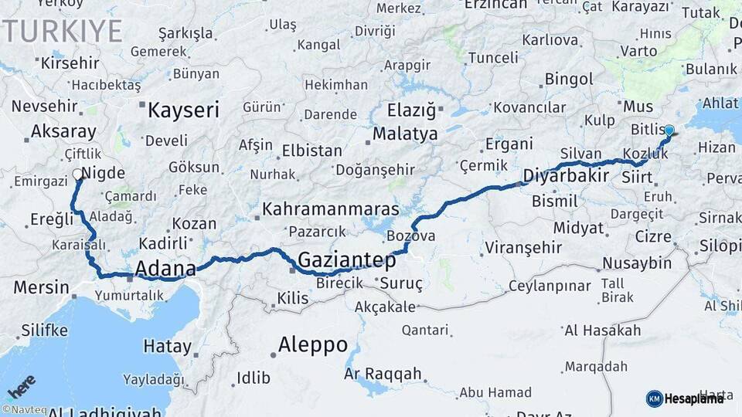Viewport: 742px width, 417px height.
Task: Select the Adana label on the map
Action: click(165, 269)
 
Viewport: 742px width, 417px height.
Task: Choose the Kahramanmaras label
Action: click(331, 209)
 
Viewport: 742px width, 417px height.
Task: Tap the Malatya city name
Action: click(405, 134)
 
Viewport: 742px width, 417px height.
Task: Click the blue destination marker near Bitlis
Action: click(669, 131)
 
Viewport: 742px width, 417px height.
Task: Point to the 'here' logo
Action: click(21, 385)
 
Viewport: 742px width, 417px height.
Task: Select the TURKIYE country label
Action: click(62, 32)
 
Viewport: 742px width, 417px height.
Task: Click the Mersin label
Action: click(42, 287)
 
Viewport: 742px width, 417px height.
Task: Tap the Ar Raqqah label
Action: click(383, 375)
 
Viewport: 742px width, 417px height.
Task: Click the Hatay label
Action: click(167, 347)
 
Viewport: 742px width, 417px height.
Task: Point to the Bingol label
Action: click(569, 79)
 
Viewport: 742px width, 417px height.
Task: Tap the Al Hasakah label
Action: click(603, 331)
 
